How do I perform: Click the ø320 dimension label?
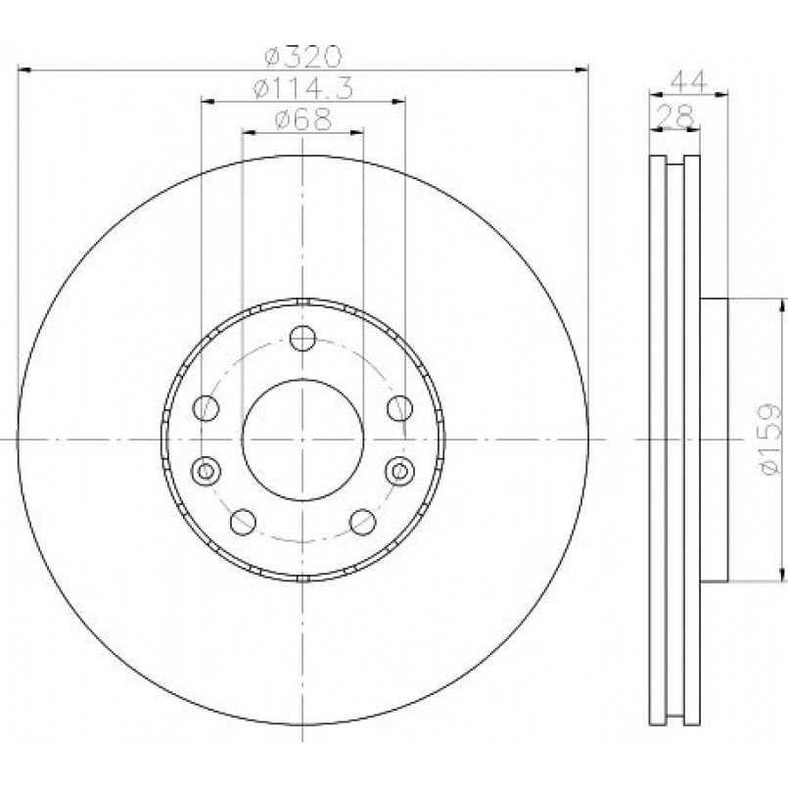pyautogui.click(x=303, y=57)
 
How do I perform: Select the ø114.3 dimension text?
pyautogui.click(x=303, y=88)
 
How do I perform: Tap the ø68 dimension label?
pyautogui.click(x=303, y=119)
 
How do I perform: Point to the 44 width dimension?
pyautogui.click(x=688, y=80)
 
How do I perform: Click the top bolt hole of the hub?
pyautogui.click(x=302, y=339)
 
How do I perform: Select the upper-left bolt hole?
pyautogui.click(x=206, y=407)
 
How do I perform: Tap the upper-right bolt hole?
pyautogui.click(x=400, y=407)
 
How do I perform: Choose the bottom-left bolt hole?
pyautogui.click(x=243, y=522)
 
